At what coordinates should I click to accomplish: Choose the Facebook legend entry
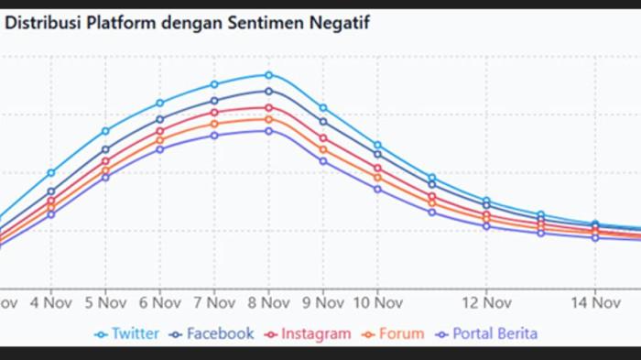click(212, 333)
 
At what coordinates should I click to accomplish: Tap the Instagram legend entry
click(308, 333)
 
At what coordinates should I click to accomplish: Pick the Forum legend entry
click(393, 333)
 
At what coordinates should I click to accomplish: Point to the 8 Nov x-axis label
click(268, 300)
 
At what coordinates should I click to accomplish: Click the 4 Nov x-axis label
click(51, 300)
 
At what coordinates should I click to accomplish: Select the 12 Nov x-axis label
click(486, 300)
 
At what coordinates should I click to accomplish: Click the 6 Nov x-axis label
click(159, 300)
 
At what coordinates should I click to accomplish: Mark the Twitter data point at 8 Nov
click(268, 75)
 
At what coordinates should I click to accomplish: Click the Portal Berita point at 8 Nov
click(268, 130)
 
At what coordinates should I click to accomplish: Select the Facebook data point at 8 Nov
click(268, 91)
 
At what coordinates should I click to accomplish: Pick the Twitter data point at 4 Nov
click(51, 172)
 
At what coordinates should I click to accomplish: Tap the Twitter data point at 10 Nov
click(377, 145)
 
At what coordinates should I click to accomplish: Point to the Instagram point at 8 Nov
click(268, 107)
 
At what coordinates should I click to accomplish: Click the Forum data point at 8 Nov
click(268, 118)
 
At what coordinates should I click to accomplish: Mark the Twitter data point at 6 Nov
click(159, 103)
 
